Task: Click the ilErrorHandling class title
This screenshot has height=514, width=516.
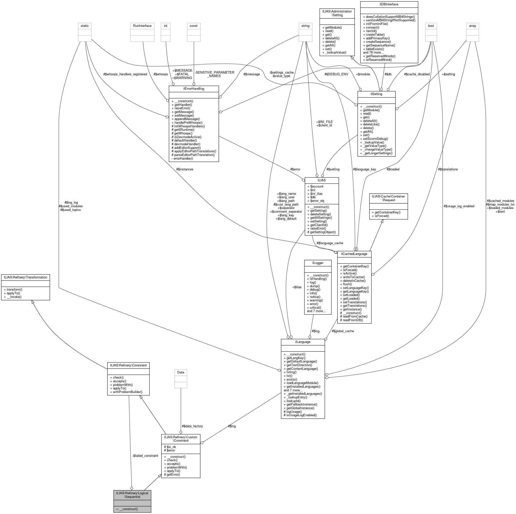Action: [x=194, y=88]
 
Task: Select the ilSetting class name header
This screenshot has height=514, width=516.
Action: [x=376, y=94]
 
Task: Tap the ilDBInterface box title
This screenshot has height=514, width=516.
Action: [x=389, y=4]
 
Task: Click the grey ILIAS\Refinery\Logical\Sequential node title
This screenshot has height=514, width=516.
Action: [x=132, y=495]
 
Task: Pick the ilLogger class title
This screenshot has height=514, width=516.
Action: [x=317, y=263]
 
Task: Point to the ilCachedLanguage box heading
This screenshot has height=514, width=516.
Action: [x=354, y=254]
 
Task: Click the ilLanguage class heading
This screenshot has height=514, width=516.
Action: [x=303, y=342]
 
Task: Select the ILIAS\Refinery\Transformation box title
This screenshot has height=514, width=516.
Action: [x=25, y=277]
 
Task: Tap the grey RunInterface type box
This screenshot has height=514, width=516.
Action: [x=142, y=26]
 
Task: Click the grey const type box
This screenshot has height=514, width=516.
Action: [x=193, y=26]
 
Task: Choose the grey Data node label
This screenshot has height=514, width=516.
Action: [x=180, y=372]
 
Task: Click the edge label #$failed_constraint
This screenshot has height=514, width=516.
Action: [x=145, y=456]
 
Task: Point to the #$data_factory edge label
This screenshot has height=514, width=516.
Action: [x=192, y=426]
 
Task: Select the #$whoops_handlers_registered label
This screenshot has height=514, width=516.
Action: [x=125, y=74]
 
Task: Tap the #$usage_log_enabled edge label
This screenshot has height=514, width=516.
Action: [x=459, y=206]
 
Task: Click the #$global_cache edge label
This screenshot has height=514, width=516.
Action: [x=343, y=331]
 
